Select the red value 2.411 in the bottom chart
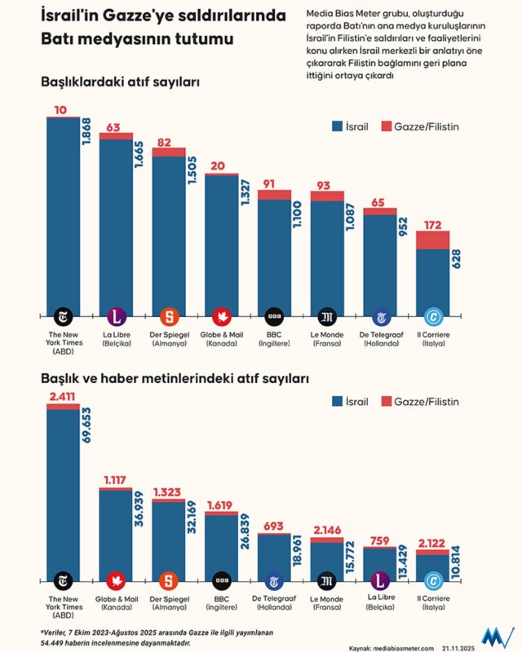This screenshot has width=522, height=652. click(x=63, y=397)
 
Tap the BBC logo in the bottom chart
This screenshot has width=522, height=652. click(x=221, y=581)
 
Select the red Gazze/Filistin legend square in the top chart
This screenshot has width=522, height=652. click(x=385, y=126)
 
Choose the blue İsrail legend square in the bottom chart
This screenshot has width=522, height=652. click(x=338, y=401)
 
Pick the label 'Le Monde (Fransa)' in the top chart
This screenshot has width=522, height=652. click(x=326, y=339)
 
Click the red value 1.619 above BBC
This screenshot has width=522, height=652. click(x=221, y=505)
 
